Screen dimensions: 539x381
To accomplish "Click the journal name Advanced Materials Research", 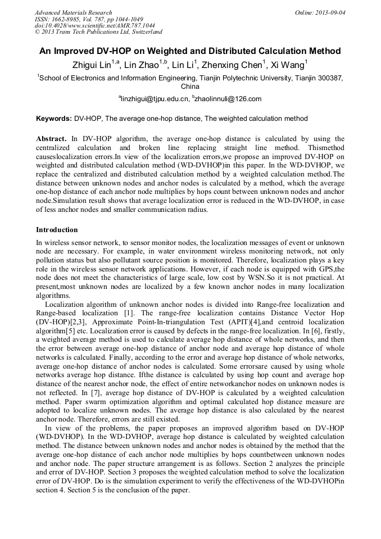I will click(x=73, y=12).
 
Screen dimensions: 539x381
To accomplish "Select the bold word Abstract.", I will click(x=51, y=139).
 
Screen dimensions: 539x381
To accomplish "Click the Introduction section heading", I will click(x=57, y=230).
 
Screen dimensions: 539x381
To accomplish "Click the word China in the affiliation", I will click(x=190, y=87).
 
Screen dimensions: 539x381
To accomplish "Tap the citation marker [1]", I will click(x=128, y=312).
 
